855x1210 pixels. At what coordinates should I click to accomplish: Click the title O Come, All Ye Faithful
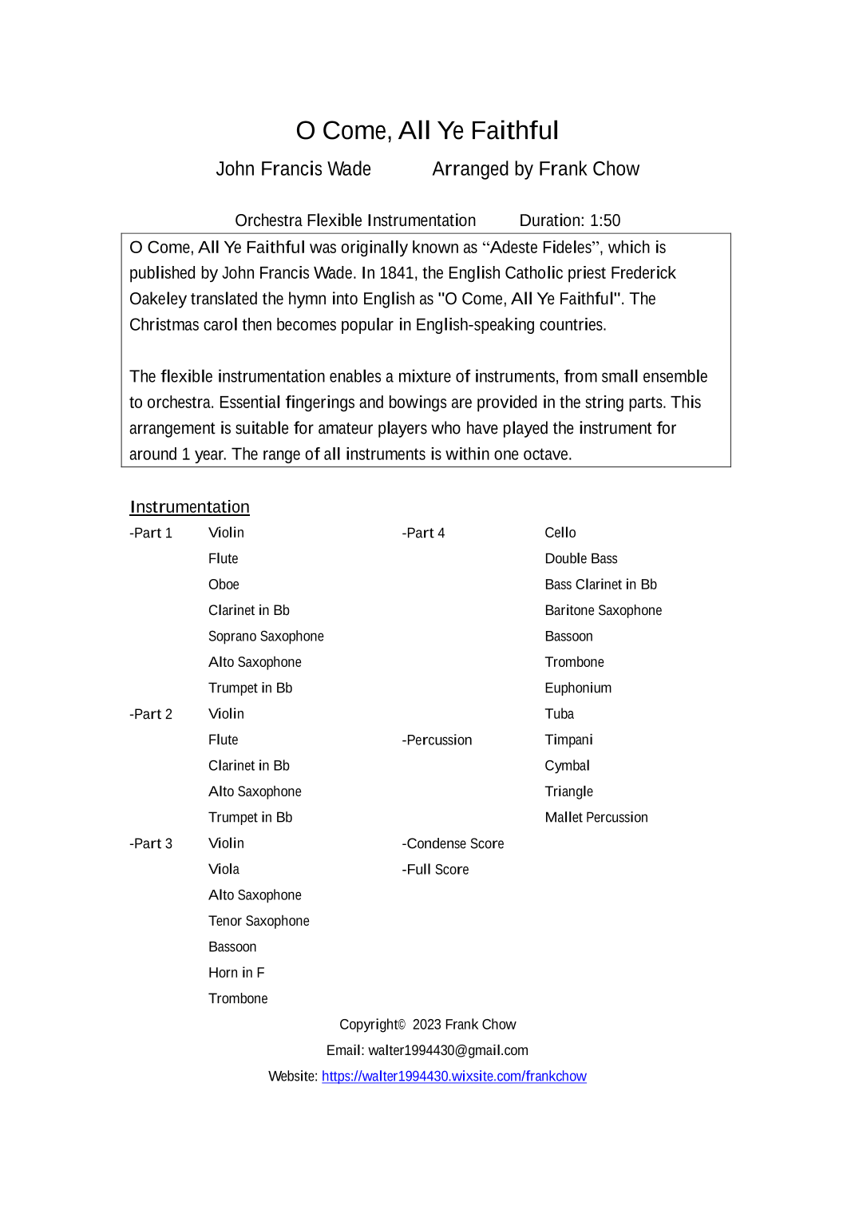click(427, 130)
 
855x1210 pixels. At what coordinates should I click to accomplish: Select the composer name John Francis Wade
click(293, 169)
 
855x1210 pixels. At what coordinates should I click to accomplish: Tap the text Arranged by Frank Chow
click(536, 169)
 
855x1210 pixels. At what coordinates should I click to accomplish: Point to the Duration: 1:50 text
click(569, 220)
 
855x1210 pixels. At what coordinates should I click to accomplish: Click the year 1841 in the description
click(397, 273)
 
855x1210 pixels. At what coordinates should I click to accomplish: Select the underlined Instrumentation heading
click(189, 507)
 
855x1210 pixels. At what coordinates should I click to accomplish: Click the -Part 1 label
click(151, 533)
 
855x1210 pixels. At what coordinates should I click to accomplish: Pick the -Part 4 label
click(423, 533)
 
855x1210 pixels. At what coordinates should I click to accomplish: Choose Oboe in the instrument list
click(224, 585)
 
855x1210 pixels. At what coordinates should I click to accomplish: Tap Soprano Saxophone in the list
click(266, 637)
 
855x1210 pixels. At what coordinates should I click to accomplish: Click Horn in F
click(236, 973)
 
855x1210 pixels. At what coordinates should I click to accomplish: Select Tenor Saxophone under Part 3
click(259, 921)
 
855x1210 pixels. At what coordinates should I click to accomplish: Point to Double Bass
click(580, 559)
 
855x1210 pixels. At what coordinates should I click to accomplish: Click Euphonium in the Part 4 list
click(578, 688)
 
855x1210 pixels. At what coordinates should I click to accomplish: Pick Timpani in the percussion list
click(568, 740)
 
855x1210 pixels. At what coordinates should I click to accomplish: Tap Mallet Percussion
click(596, 818)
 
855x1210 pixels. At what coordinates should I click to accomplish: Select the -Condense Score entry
click(453, 843)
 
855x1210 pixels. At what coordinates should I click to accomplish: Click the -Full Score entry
click(435, 870)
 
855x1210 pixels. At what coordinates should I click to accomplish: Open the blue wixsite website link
click(453, 1077)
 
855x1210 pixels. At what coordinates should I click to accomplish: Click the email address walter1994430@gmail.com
click(448, 1050)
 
